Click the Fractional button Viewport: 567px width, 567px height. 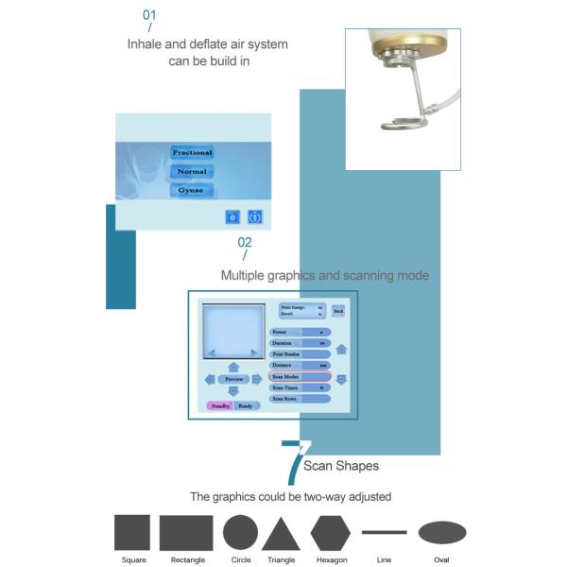[192, 153]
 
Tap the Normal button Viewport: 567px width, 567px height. [192, 172]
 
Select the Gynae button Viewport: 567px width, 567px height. [192, 191]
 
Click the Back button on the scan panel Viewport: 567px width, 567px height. [338, 310]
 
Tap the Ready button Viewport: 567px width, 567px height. [246, 405]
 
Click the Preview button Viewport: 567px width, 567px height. [233, 379]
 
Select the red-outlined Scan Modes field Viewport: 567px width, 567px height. [300, 376]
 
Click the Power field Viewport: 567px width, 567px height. [300, 333]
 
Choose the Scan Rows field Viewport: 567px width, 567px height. [300, 399]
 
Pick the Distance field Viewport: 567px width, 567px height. [300, 365]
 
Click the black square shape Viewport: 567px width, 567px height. [132, 533]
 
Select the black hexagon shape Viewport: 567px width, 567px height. [331, 533]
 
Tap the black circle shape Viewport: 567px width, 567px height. [240, 533]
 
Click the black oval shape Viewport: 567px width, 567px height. [441, 533]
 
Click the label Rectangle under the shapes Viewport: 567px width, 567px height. [186, 560]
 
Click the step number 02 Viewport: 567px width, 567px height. [245, 242]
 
